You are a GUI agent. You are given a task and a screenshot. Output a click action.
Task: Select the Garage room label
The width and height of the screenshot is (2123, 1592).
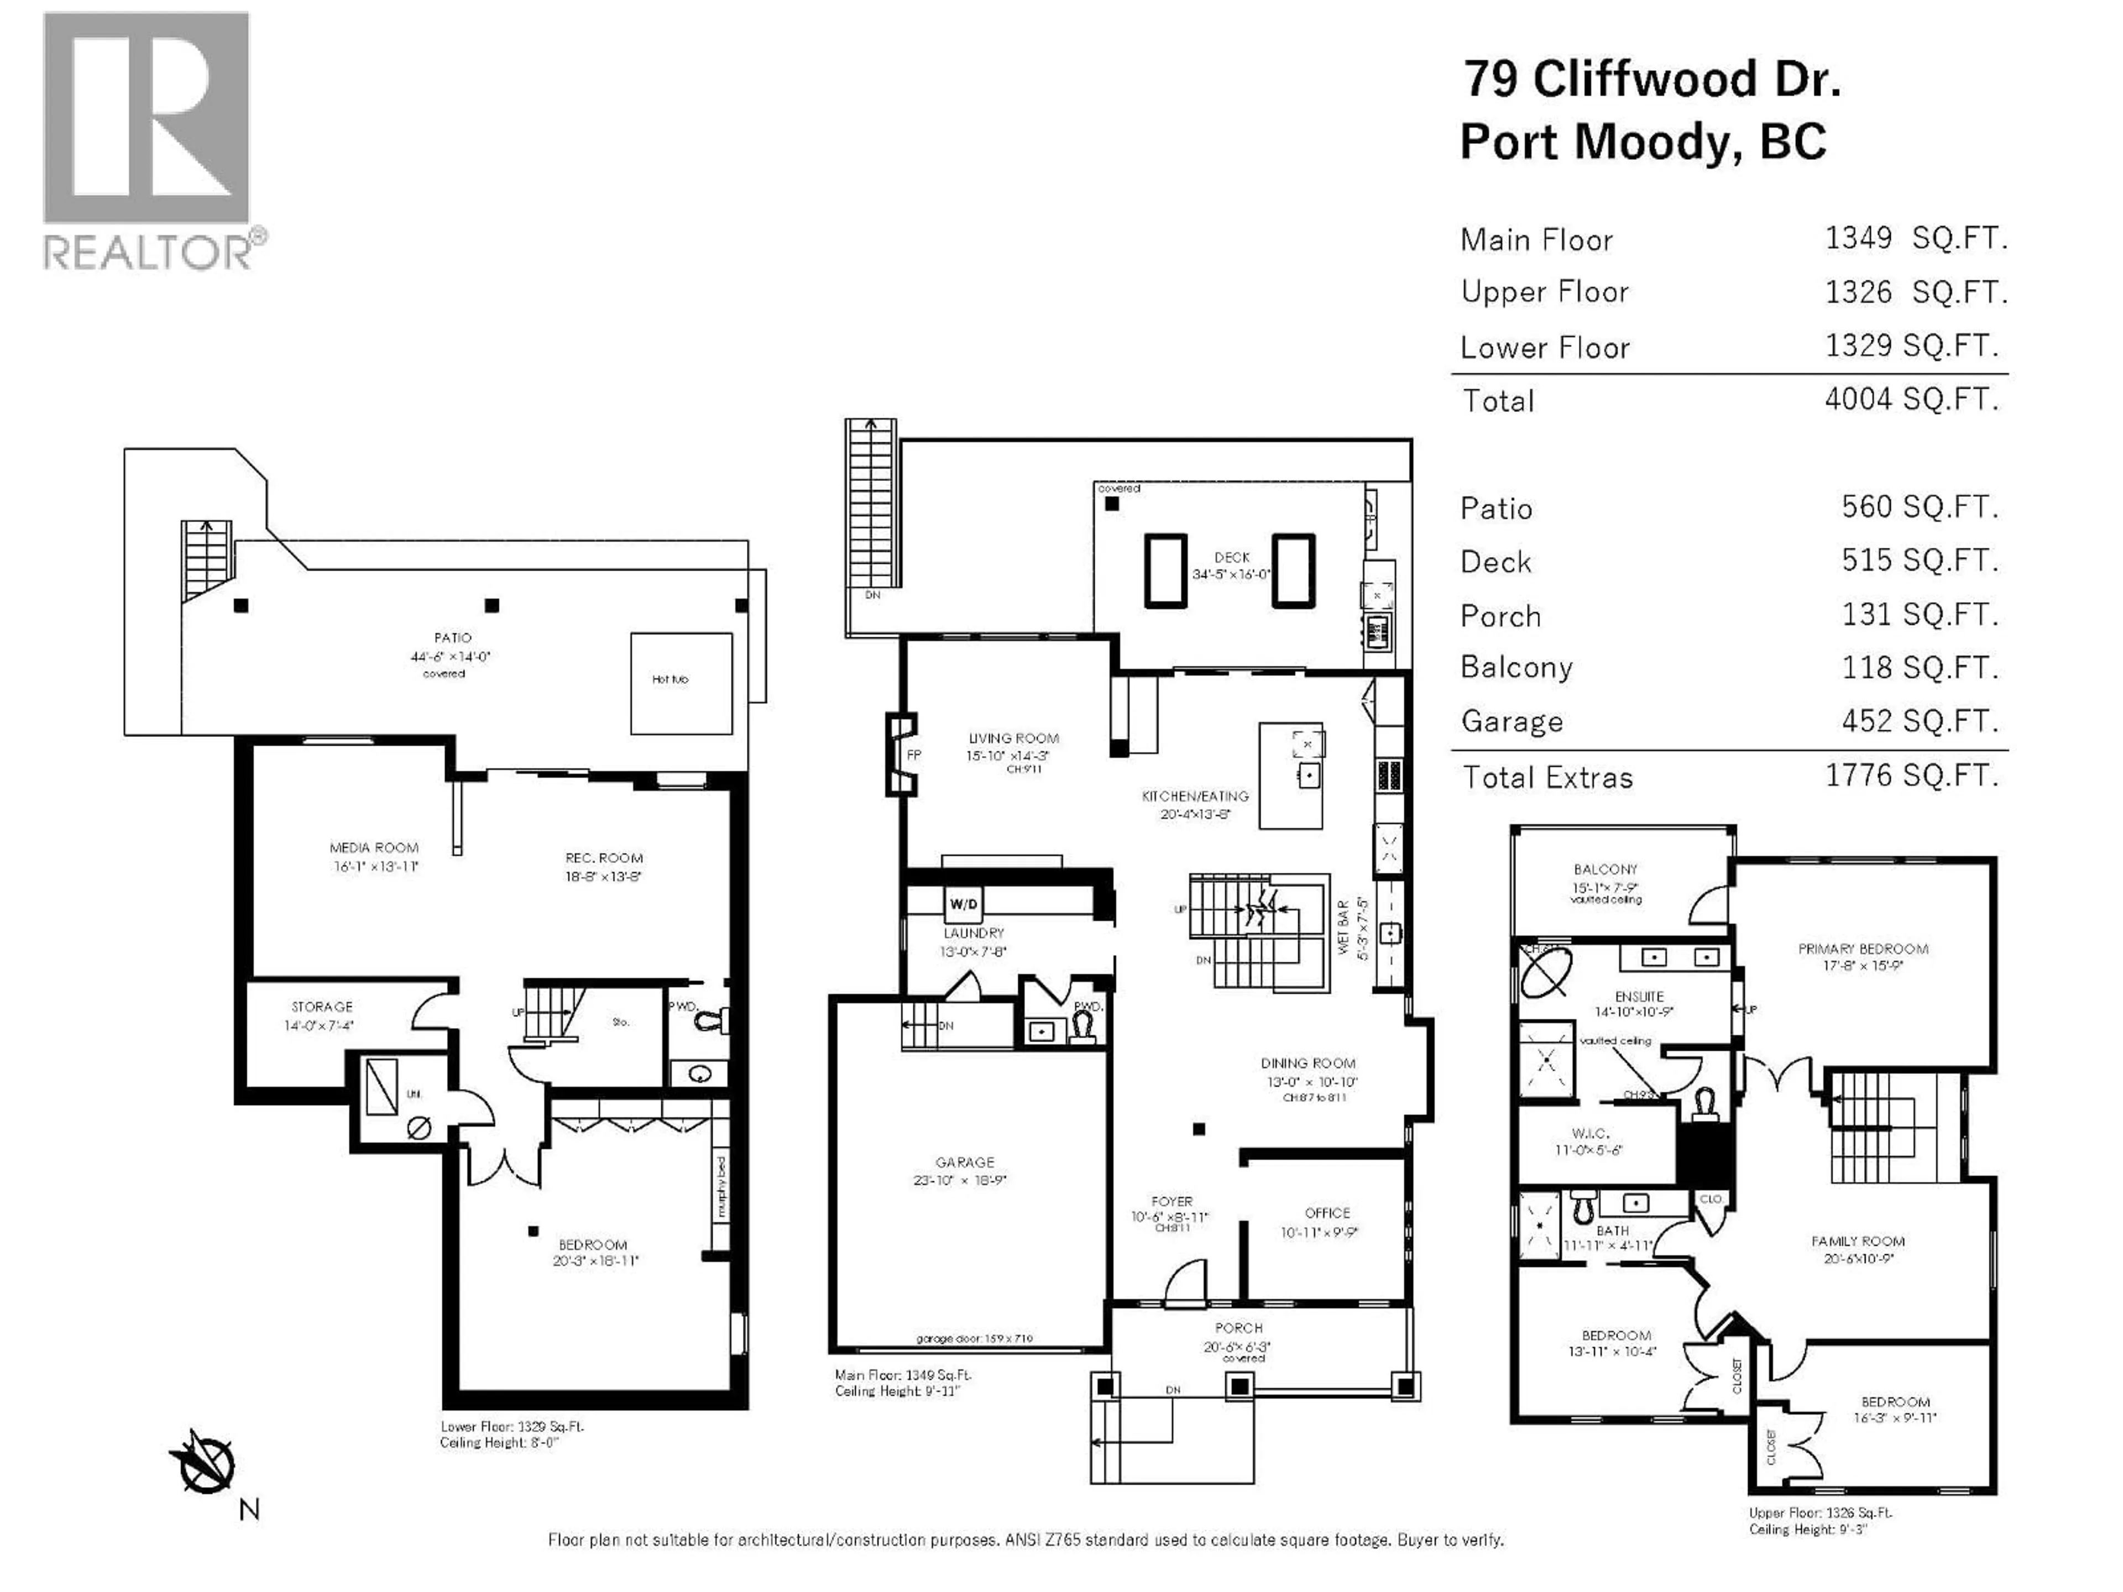pos(965,1162)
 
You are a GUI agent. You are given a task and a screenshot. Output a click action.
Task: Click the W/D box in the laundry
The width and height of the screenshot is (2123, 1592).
pos(964,904)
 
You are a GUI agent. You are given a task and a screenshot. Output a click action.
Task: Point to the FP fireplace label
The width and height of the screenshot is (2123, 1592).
pos(914,755)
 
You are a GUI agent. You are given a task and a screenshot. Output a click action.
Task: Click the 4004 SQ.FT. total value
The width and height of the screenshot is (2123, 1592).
pos(1911,399)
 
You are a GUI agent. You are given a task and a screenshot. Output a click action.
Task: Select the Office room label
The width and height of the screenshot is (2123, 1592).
pos(1327,1213)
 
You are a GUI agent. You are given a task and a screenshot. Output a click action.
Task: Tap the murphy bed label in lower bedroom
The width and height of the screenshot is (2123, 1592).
pos(721,1186)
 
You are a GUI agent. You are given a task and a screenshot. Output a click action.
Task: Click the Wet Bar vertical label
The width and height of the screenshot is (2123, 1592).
pos(1343,927)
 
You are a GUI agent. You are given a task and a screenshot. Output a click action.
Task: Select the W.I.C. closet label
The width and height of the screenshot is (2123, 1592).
pos(1591,1133)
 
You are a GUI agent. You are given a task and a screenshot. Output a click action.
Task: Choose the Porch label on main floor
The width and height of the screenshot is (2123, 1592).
pos(1238,1328)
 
